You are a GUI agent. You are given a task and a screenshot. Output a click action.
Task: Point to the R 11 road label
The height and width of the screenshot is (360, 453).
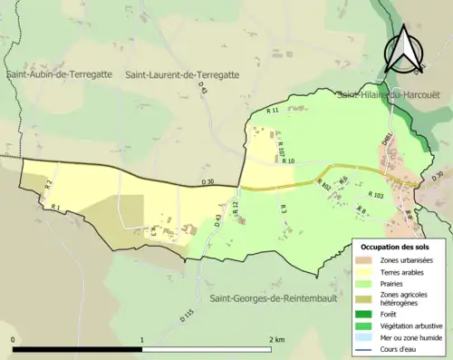[272, 111]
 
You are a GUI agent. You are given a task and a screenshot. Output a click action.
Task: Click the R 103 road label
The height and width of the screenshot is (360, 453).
[376, 195]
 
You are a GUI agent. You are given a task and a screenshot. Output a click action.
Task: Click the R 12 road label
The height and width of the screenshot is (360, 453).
[234, 209]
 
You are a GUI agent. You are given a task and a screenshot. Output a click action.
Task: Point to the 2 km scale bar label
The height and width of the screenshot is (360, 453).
[275, 339]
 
